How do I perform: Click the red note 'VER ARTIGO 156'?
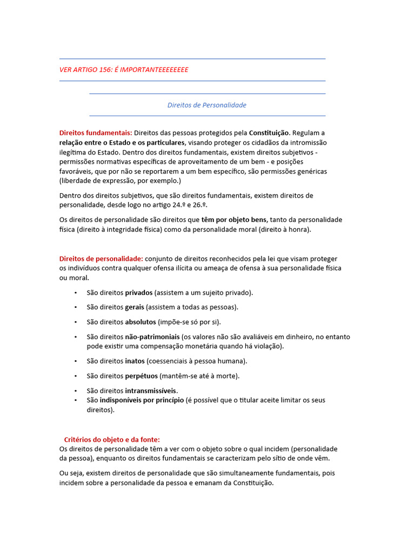pos(123,70)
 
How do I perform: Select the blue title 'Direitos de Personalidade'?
pos(207,105)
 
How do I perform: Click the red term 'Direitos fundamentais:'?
pos(96,133)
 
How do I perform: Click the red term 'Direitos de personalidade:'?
pos(101,259)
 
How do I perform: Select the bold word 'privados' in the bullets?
pos(139,293)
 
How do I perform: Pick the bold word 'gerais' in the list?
pos(135,307)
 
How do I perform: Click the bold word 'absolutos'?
pos(140,322)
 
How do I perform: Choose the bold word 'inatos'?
pos(135,361)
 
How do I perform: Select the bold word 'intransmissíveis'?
pos(151,390)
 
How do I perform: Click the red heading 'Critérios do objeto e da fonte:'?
pos(112,440)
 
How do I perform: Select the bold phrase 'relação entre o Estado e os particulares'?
pos(122,143)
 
